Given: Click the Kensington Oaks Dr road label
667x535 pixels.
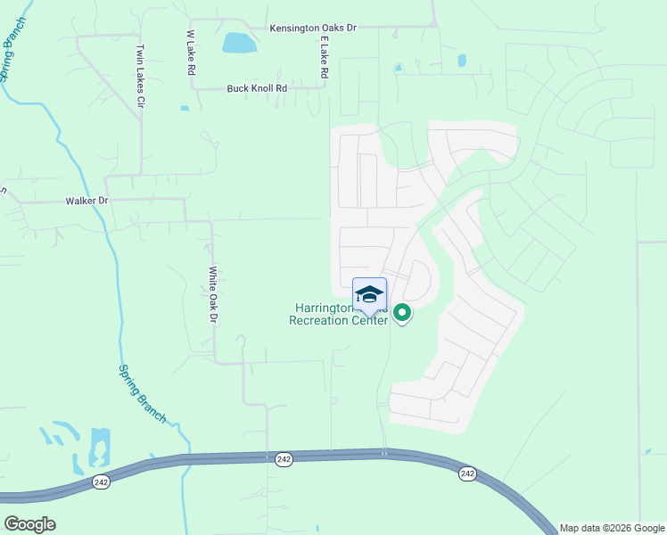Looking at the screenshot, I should click(313, 29).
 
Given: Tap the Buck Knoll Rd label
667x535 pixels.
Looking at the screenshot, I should click(257, 88).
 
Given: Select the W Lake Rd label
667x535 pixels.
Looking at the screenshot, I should click(190, 58).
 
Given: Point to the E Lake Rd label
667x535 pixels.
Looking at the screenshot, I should click(325, 55).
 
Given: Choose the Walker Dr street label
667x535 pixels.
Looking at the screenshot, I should click(86, 202).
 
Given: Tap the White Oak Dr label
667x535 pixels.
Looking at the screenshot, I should click(213, 294).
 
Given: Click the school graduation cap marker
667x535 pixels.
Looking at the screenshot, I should click(370, 295).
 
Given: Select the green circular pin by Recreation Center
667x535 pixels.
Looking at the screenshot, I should click(402, 313).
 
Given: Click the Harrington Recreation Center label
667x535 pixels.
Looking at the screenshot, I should click(338, 314).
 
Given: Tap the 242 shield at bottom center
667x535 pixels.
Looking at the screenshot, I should click(284, 458).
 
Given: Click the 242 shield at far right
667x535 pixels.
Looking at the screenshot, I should click(467, 473).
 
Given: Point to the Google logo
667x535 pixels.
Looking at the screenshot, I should click(29, 524).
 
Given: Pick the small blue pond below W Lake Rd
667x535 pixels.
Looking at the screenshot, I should click(184, 109).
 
